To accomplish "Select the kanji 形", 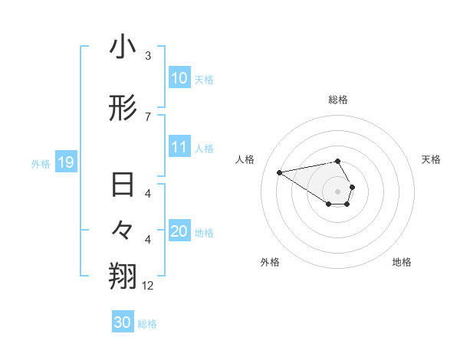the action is [123, 110].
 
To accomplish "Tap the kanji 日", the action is [123, 186].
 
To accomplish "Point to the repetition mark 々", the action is [123, 230].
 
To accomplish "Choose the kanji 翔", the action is [123, 277].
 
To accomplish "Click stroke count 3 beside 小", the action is [148, 56].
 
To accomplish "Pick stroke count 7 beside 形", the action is [148, 116].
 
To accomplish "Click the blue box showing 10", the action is [179, 77].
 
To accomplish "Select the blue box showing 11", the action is [179, 147].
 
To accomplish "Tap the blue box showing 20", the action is [179, 231].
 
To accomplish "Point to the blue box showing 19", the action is [65, 162].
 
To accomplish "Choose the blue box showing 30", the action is [123, 322].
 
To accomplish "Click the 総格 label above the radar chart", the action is [338, 100].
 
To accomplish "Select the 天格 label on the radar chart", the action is [431, 159].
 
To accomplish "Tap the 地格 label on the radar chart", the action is [402, 262].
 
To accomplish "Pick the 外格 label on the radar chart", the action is [270, 262].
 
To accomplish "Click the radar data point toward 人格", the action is [280, 172].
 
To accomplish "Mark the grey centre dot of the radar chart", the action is [338, 191].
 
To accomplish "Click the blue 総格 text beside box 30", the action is [147, 324].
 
